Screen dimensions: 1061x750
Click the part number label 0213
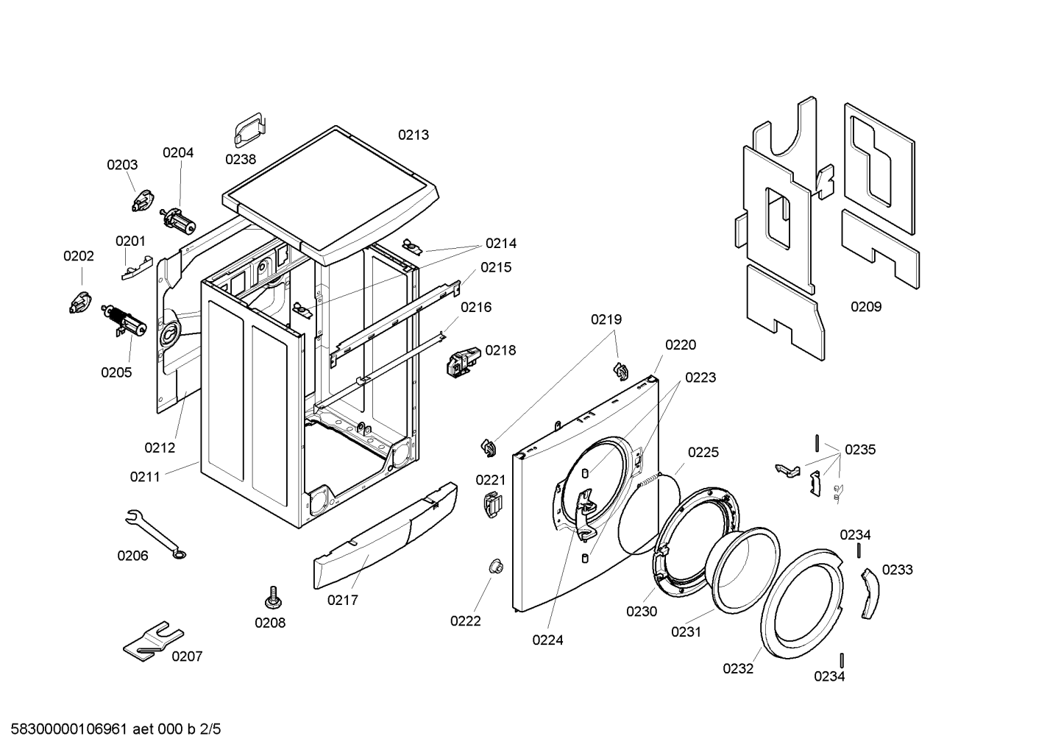pos(413,135)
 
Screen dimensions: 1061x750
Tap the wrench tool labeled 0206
pos(156,534)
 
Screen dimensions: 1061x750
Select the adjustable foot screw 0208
pos(273,597)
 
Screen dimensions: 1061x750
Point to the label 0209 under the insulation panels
pos(866,307)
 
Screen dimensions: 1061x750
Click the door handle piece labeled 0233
pos(870,593)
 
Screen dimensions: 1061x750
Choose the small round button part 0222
pos(496,567)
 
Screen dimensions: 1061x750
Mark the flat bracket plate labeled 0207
pos(152,641)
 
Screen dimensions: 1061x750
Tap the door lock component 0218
pos(463,358)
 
